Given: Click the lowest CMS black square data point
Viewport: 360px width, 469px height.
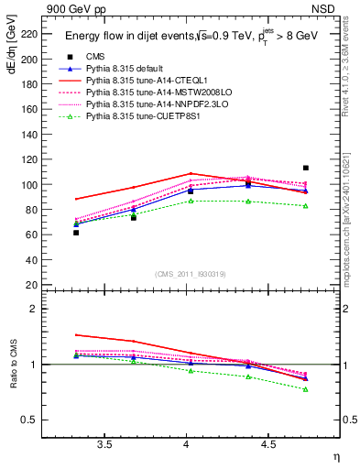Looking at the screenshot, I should coord(76,233).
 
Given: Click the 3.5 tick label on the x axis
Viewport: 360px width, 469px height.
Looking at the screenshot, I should coord(104,444).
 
